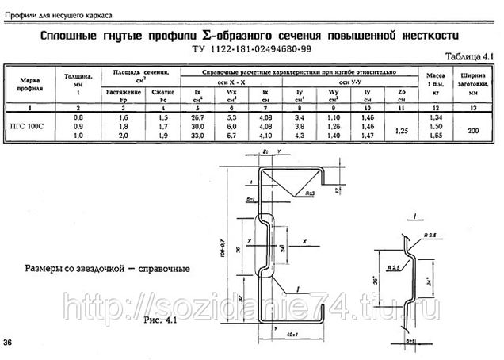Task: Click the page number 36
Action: click(7, 343)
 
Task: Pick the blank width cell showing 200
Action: click(475, 130)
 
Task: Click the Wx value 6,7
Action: click(231, 136)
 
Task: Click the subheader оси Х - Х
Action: click(231, 82)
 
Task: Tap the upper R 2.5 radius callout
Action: click(431, 236)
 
